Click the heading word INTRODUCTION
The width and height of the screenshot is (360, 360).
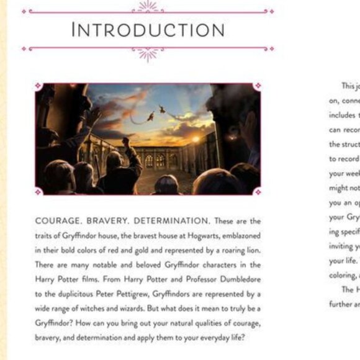click(148, 29)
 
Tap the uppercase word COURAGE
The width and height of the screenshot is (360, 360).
click(60, 220)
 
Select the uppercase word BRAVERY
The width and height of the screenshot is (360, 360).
click(107, 220)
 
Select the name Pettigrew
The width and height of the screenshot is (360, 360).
click(155, 294)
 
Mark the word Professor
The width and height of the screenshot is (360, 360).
click(189, 279)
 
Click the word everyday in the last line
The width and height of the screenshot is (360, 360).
click(208, 339)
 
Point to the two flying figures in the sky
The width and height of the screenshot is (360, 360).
click(156, 113)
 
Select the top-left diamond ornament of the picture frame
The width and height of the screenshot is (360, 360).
click(38, 86)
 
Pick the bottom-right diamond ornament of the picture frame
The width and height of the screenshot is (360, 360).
click(257, 192)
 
